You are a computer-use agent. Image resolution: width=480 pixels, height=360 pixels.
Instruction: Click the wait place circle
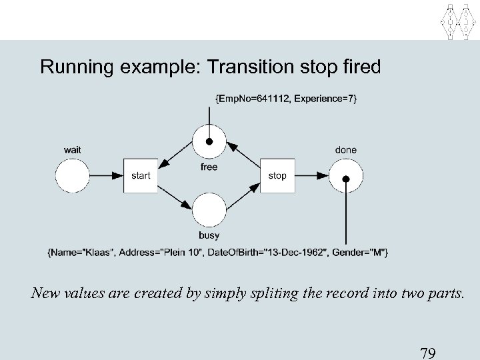click(72, 176)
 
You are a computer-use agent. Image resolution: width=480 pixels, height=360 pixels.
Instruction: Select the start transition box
click(141, 176)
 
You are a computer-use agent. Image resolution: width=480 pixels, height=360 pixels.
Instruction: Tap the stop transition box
click(277, 176)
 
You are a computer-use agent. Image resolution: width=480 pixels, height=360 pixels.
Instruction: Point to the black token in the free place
click(209, 142)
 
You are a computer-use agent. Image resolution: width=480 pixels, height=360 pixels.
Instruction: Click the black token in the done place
click(347, 178)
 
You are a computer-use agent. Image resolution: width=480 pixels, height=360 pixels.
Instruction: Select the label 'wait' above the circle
click(73, 150)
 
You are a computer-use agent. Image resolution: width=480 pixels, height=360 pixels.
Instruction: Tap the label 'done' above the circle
click(346, 150)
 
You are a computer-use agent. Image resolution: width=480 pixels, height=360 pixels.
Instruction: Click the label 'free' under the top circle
click(209, 167)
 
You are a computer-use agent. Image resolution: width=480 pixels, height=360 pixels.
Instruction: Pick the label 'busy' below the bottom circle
click(209, 235)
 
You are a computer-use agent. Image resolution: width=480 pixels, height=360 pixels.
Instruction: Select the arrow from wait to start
click(107, 176)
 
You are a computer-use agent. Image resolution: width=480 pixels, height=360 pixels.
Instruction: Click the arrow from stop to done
click(312, 176)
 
